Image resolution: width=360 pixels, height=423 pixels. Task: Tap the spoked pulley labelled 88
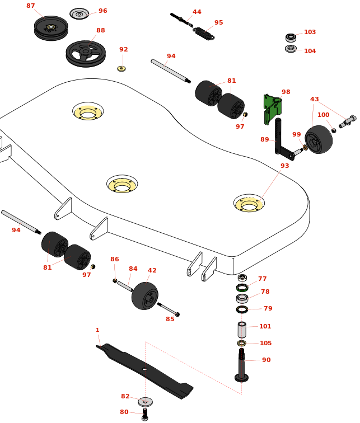point(86,54)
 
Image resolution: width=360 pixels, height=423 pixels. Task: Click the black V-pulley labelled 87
point(51,28)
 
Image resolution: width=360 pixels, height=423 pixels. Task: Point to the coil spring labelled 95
point(204,34)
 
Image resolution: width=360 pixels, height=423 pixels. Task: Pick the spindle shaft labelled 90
point(241,365)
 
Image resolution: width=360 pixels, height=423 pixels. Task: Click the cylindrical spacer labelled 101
point(242,330)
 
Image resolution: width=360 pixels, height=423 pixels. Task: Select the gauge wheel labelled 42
point(145,296)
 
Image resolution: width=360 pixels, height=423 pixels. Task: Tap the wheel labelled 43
point(319,139)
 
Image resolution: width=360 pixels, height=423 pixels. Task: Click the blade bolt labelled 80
point(145,415)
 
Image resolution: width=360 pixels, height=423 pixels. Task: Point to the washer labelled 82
point(146,402)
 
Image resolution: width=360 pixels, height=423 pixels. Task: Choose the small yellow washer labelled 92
point(121,68)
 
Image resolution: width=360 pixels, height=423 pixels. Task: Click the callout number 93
point(285,166)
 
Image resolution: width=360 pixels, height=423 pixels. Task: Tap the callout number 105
point(265,343)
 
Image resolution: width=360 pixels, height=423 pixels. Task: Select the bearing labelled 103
point(291,37)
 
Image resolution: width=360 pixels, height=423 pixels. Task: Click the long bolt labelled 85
point(169,309)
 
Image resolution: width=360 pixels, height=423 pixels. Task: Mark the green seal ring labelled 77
point(242,288)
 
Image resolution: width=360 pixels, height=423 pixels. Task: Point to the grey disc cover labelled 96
point(80,14)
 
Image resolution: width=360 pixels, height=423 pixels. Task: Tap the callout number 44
point(197,12)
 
